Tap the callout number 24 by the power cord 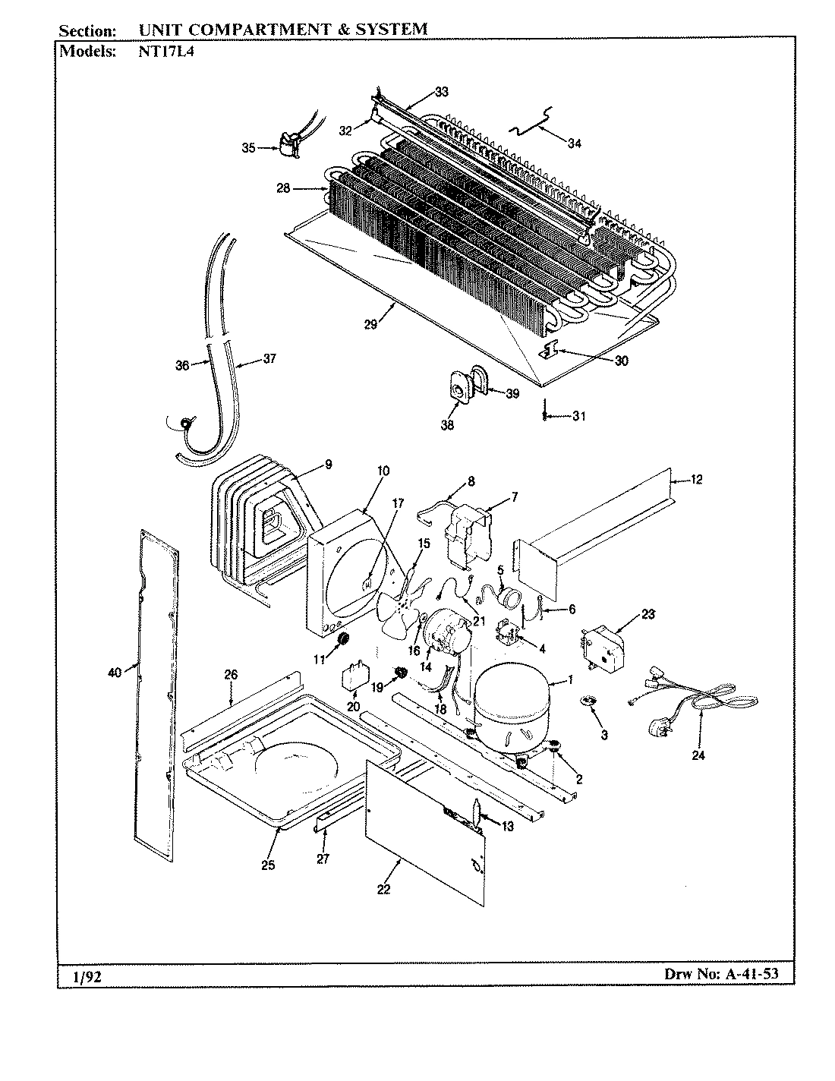coord(698,755)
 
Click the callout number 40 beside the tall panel coord(115,671)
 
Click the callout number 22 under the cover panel coord(383,889)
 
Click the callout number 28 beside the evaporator coord(282,188)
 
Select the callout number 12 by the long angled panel coord(696,479)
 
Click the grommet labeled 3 coord(586,701)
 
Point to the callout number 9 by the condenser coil coord(328,465)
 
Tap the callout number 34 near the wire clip coord(575,143)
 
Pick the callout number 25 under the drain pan coord(268,865)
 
